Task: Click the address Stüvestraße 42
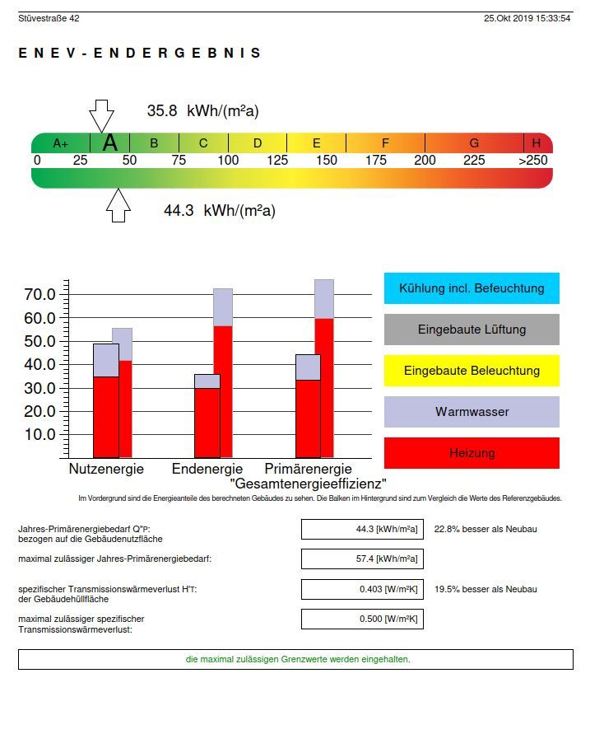[49, 18]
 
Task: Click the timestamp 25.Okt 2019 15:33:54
[527, 18]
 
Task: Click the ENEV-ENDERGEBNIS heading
[139, 54]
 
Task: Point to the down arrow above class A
[101, 115]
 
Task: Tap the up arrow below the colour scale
[118, 205]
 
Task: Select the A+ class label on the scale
[61, 143]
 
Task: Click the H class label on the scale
[536, 143]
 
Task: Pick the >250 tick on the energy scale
[532, 161]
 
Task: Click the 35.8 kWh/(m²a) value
[202, 111]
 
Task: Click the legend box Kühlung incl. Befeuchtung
[472, 288]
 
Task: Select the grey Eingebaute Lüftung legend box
[472, 330]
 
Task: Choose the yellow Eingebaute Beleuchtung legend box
[472, 371]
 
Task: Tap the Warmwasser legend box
[472, 412]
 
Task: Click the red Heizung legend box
[472, 453]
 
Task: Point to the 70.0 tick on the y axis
[40, 295]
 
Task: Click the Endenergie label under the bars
[207, 470]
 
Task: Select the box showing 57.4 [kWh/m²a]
[362, 559]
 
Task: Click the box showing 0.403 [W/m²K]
[362, 590]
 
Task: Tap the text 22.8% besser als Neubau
[485, 529]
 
